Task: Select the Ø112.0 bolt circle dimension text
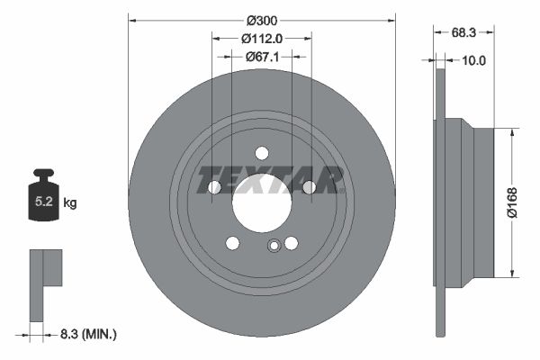262,38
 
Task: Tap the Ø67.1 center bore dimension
262,56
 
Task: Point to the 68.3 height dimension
463,31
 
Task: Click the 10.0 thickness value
473,60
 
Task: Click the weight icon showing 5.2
43,196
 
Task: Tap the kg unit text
70,203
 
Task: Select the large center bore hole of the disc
262,199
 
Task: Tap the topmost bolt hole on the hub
262,152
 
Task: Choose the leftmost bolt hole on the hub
215,187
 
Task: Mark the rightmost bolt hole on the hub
309,186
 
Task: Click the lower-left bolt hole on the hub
233,243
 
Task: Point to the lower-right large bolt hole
292,243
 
